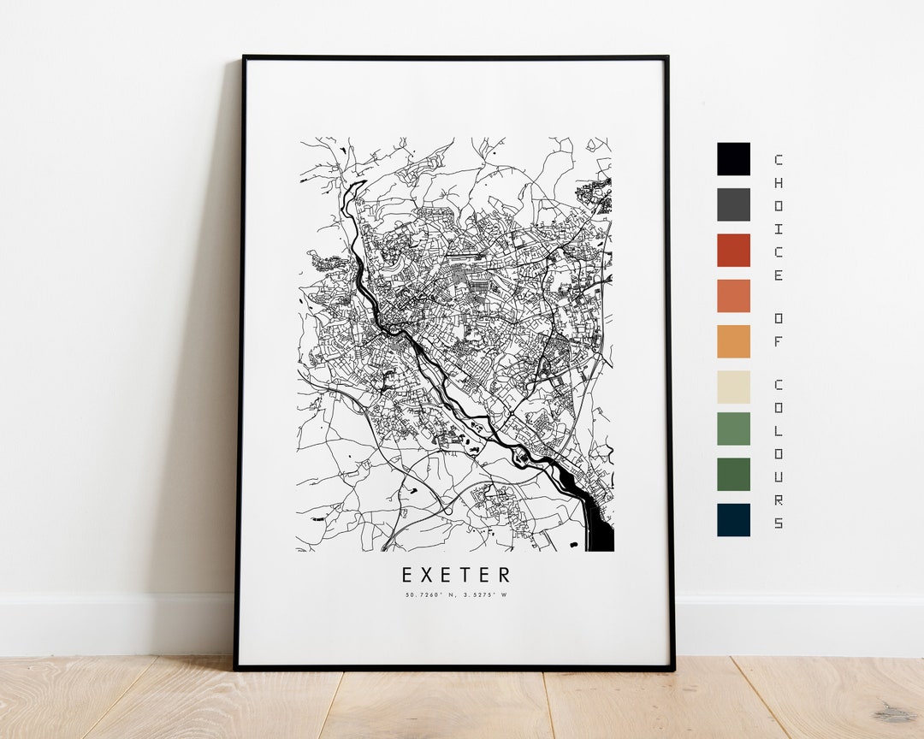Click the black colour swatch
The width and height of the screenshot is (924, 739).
coord(733,159)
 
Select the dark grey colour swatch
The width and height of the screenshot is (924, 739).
coord(733,204)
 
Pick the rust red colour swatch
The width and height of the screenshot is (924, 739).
coord(733,250)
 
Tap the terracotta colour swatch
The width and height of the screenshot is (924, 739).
coord(733,296)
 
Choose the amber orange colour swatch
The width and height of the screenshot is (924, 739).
coord(733,341)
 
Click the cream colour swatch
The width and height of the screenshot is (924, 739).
coord(733,387)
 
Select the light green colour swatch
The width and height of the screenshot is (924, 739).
coord(733,429)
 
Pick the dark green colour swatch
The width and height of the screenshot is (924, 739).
coord(733,474)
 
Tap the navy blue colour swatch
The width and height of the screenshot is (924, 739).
coord(733,520)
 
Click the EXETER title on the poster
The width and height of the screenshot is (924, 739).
coord(456,575)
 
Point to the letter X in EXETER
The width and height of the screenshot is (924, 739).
coord(430,575)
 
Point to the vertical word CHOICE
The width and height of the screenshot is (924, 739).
coord(778,217)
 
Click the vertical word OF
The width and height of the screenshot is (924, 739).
coord(778,328)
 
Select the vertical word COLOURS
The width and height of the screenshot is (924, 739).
coord(778,453)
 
